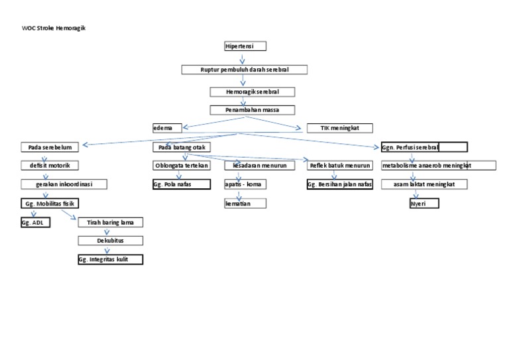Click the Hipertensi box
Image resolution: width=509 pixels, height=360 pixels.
pos(245,46)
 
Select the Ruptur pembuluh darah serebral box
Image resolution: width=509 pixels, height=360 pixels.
pos(245,70)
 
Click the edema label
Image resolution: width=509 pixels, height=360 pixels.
pos(163,128)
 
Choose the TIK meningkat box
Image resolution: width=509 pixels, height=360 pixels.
pos(340,128)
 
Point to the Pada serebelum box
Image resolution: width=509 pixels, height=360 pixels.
pos(50,147)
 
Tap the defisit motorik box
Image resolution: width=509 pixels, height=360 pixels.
pos(50,166)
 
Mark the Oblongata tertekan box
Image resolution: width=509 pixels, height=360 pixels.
pos(182,166)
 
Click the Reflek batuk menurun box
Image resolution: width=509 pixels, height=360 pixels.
pos(340,166)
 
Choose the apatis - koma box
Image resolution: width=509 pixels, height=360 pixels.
pos(245,184)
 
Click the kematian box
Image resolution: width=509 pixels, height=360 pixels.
pos(245,204)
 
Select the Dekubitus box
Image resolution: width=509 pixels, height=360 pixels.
pos(110,241)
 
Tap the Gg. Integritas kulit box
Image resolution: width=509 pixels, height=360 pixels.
pos(110,260)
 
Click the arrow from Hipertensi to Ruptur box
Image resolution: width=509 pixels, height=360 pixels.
pos(243,58)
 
